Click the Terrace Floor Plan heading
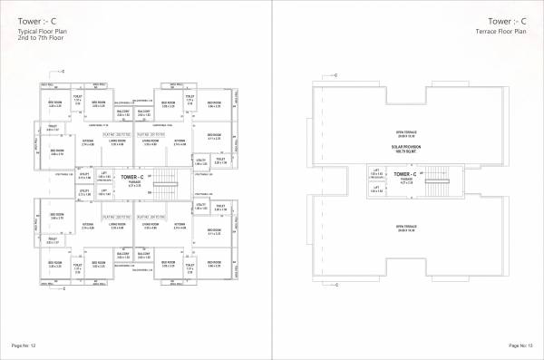[x=509, y=32]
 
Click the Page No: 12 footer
[x=23, y=345]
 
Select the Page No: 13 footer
[x=520, y=345]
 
